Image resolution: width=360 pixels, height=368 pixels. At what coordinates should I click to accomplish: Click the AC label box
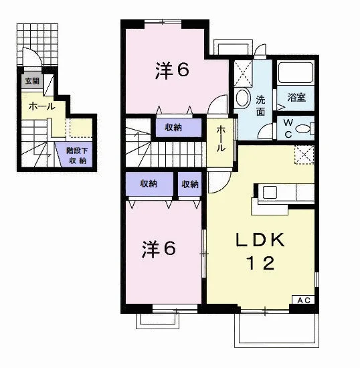click(303, 300)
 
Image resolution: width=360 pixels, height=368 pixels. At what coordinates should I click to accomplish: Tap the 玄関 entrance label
click(32, 81)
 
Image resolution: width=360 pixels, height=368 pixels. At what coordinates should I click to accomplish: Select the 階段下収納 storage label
click(77, 155)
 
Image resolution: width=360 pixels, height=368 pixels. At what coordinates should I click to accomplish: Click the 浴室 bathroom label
click(296, 97)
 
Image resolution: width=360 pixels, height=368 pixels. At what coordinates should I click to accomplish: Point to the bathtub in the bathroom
click(296, 72)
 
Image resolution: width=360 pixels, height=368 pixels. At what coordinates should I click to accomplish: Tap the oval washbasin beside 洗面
click(243, 98)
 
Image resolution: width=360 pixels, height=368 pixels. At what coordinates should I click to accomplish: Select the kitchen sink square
click(270, 193)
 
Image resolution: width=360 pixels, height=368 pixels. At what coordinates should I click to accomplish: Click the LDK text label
click(260, 240)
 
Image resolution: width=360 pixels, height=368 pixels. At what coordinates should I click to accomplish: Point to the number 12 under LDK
click(260, 263)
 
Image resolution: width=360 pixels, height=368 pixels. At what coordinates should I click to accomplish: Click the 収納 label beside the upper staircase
click(173, 128)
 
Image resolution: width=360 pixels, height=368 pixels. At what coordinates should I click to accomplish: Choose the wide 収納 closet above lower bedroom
click(149, 184)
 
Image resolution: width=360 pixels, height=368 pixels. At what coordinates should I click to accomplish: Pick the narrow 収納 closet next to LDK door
click(189, 184)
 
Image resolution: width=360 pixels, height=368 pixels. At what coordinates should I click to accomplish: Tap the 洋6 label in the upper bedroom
click(172, 70)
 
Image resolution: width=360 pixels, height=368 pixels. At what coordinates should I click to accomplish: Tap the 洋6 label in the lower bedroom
click(159, 249)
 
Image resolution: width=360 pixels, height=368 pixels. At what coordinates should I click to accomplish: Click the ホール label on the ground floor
click(42, 107)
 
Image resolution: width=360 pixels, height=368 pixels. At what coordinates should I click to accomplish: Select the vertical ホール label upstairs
click(221, 139)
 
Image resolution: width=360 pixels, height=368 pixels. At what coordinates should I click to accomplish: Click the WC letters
click(288, 128)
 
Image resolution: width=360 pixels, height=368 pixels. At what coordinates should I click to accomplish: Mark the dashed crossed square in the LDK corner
click(304, 155)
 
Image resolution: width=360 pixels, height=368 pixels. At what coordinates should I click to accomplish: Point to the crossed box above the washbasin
click(243, 74)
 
